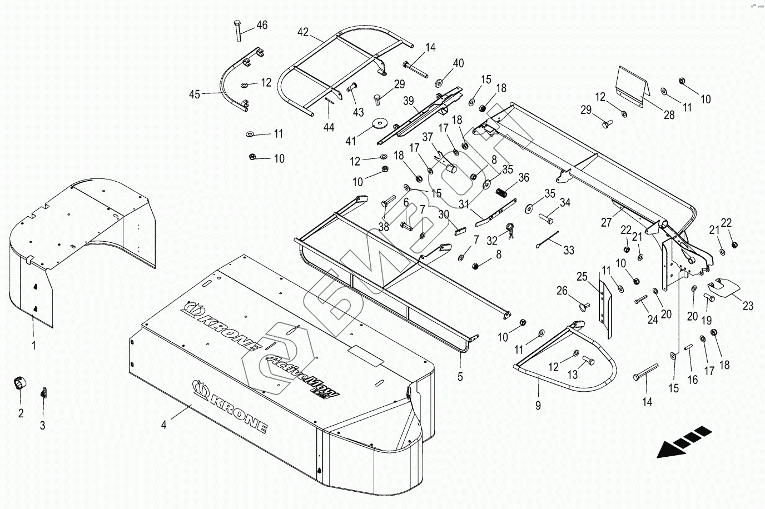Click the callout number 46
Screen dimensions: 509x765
click(261, 25)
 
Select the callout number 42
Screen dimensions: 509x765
click(303, 32)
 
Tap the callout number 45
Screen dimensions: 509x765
click(194, 94)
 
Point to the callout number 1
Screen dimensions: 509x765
click(33, 346)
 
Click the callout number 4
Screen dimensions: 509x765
click(163, 425)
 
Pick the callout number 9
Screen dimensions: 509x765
click(538, 406)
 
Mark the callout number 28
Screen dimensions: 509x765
click(669, 115)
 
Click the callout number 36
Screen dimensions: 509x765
click(524, 178)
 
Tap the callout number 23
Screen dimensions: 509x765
click(748, 305)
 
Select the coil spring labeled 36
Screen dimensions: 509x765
click(501, 192)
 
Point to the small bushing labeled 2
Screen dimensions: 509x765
click(20, 383)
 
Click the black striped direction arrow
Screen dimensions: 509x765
click(684, 442)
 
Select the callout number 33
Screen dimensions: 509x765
click(568, 251)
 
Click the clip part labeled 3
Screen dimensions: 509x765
click(42, 393)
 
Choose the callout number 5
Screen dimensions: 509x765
click(460, 376)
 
